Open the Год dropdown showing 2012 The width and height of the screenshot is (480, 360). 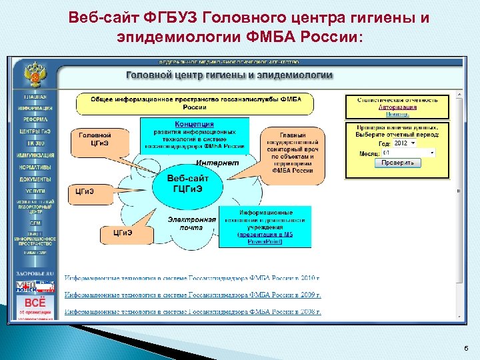(403, 143)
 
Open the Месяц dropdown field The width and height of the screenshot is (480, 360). (407, 153)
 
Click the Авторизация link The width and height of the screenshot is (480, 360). (397, 107)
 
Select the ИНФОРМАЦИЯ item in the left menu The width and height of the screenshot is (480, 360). (35, 107)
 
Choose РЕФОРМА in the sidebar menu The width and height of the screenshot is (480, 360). (35, 119)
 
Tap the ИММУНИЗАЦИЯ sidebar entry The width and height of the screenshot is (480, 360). (35, 155)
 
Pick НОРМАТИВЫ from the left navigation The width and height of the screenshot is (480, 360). (35, 167)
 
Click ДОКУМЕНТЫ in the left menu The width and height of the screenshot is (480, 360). (35, 179)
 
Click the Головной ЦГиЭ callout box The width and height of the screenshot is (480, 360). (95, 139)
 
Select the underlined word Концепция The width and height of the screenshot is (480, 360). (194, 124)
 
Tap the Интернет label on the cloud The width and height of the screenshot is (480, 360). (217, 163)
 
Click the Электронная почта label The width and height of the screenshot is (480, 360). (191, 223)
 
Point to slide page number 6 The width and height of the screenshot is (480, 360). (464, 348)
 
